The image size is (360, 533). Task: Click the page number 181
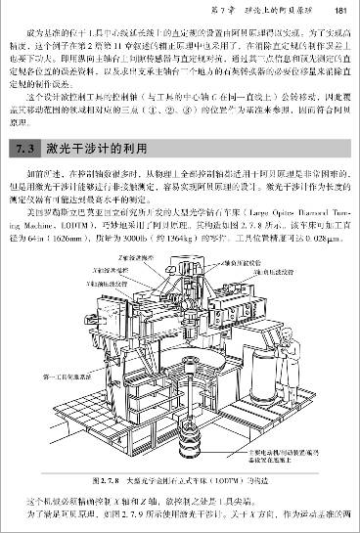point(341,11)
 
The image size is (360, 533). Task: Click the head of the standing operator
point(316,349)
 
